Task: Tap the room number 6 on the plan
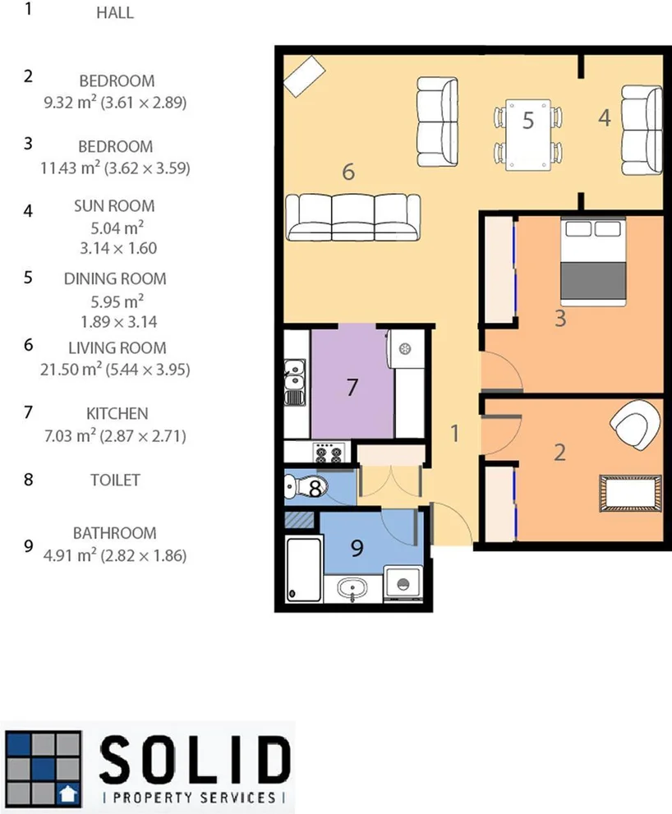coord(348,172)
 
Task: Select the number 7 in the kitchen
coord(352,388)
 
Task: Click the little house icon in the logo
coord(66,793)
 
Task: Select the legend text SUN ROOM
coord(114,207)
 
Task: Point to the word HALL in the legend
coord(114,13)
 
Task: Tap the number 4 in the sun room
coord(605,118)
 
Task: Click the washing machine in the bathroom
coord(403,585)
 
